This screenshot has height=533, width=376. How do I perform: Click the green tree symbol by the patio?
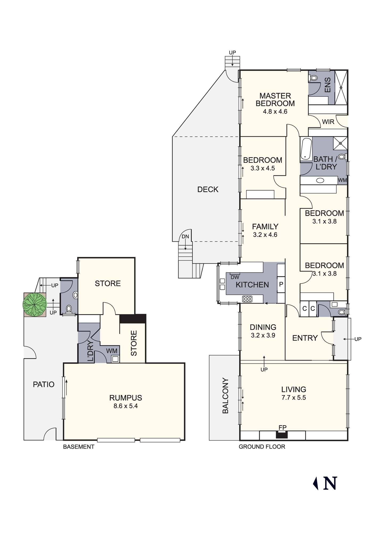click(x=35, y=305)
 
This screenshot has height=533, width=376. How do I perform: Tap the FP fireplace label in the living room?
click(x=282, y=427)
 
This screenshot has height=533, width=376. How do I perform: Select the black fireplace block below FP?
click(x=282, y=435)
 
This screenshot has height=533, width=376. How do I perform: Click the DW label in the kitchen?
click(x=235, y=277)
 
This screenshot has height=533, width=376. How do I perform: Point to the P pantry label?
click(x=281, y=284)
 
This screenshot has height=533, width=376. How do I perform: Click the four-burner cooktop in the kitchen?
click(x=247, y=299)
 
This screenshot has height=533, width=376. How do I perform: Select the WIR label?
click(x=328, y=122)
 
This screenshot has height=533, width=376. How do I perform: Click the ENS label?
click(x=328, y=85)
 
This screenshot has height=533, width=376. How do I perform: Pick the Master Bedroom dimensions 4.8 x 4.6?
click(x=275, y=111)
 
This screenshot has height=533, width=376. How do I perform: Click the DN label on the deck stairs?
click(x=185, y=237)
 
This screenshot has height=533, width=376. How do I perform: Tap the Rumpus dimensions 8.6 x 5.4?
click(x=126, y=406)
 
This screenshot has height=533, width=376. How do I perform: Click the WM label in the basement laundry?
click(x=112, y=351)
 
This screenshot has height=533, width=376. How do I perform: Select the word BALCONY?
click(x=225, y=395)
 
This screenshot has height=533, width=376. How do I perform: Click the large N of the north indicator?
click(x=330, y=483)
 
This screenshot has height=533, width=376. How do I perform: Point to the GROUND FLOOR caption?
click(x=262, y=447)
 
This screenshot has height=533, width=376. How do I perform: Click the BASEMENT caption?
click(x=78, y=447)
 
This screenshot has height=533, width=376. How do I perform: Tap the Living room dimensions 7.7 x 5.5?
click(x=294, y=398)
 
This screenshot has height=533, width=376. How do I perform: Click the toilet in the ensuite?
click(x=313, y=78)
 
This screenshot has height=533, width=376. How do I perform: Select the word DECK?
click(x=208, y=189)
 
